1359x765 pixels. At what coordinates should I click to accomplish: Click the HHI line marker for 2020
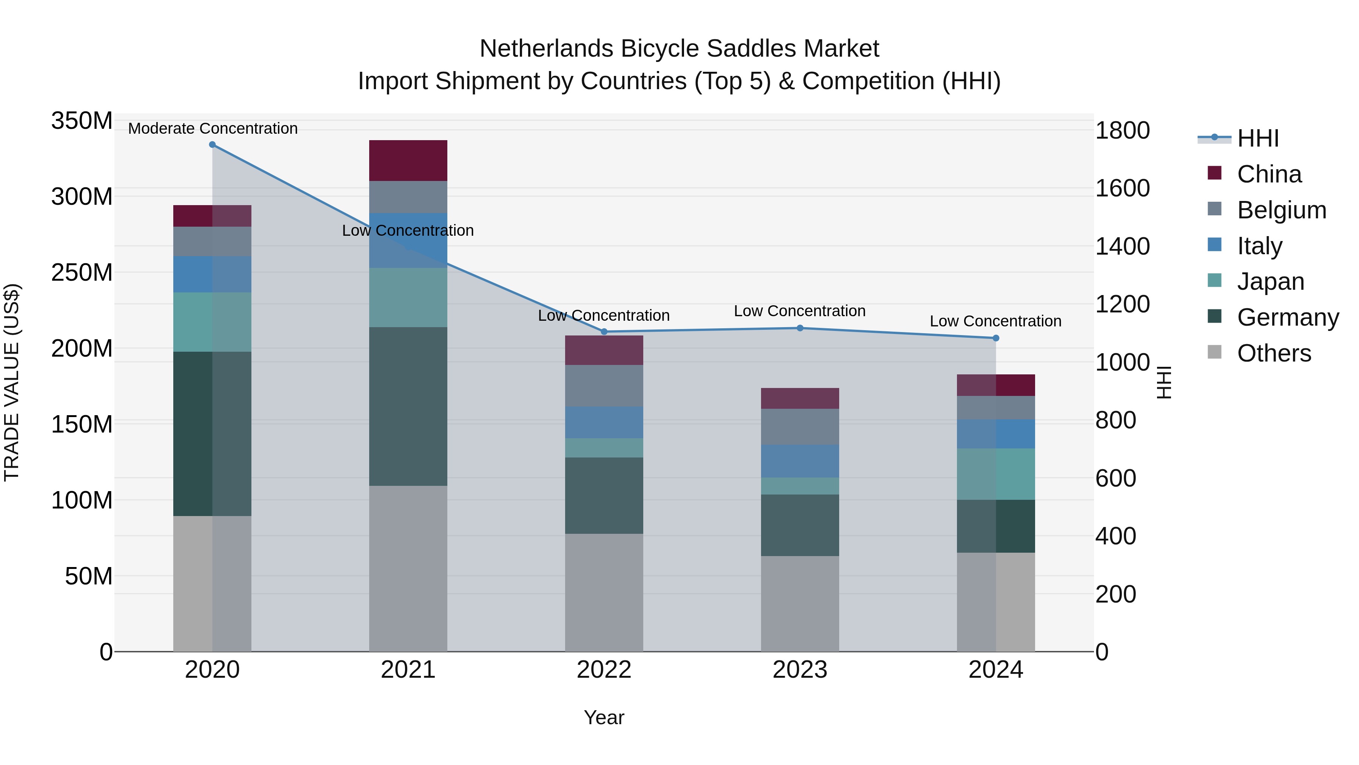(x=212, y=145)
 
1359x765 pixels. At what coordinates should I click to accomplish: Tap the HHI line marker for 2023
(x=800, y=328)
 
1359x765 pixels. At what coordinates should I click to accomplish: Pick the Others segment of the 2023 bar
(x=800, y=603)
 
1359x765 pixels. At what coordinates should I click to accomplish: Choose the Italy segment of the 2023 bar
(x=800, y=461)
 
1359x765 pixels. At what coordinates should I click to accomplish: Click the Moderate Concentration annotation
(x=213, y=128)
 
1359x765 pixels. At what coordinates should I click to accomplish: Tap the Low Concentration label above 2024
(x=995, y=321)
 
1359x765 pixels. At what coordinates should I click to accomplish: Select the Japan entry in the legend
(x=1270, y=281)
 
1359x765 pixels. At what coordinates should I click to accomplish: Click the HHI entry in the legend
(x=1258, y=138)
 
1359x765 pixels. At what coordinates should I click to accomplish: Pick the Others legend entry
(x=1274, y=353)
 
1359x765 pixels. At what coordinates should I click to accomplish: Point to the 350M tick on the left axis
(x=82, y=121)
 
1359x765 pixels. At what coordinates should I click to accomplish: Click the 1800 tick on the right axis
(x=1122, y=130)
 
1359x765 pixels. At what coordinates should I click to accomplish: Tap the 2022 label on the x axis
(x=604, y=670)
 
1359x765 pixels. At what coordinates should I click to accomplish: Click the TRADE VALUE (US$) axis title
(x=12, y=382)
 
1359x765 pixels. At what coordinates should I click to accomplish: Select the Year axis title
(x=604, y=717)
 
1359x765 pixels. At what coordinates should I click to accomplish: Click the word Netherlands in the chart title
(x=546, y=49)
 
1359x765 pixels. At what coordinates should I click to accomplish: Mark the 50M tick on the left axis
(x=89, y=576)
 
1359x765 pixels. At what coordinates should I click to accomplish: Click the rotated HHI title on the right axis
(x=1163, y=382)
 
